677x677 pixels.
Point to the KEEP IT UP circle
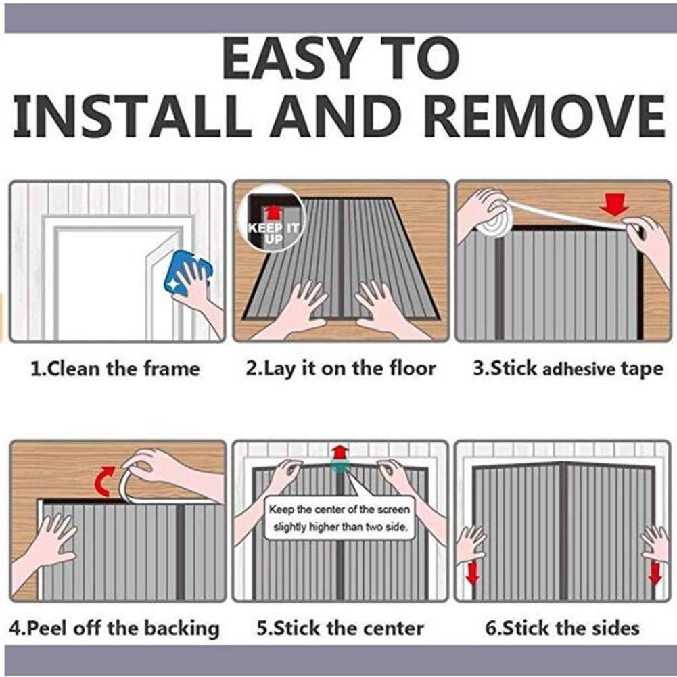(x=271, y=218)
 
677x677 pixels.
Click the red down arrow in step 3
(x=615, y=205)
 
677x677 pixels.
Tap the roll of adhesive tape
(x=496, y=221)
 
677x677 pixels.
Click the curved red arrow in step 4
(x=104, y=481)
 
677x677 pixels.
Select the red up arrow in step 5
(x=340, y=453)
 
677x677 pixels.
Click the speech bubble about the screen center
(x=340, y=517)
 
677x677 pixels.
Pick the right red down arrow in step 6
(x=655, y=573)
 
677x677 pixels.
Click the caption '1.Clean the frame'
(x=115, y=369)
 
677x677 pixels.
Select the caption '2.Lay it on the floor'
(x=341, y=369)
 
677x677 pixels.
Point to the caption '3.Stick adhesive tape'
(x=567, y=369)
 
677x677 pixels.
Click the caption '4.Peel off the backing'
(x=114, y=628)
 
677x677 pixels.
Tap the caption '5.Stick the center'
(x=340, y=628)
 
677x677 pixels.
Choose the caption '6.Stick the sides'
(x=562, y=628)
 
